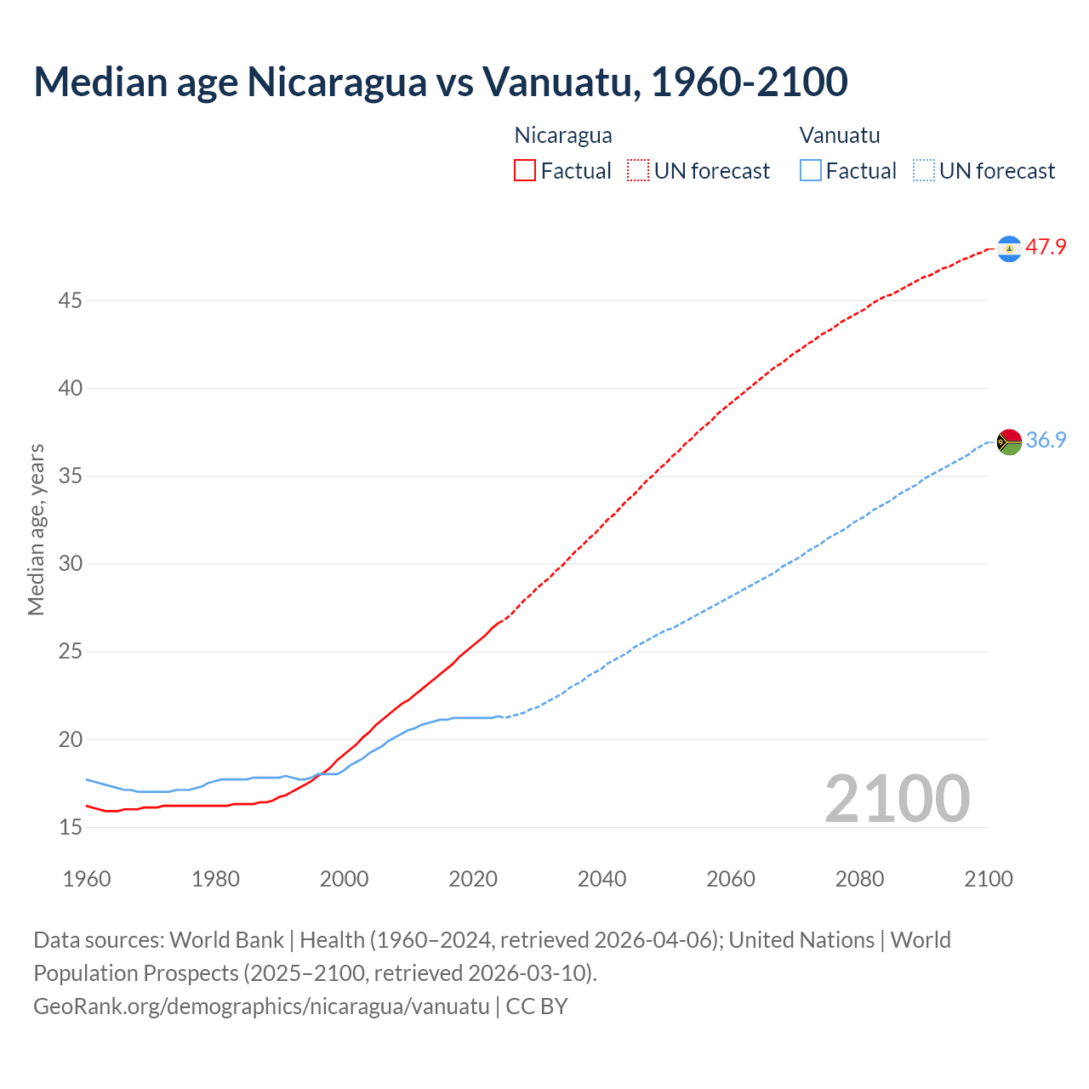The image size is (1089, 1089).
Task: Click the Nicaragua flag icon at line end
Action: pyautogui.click(x=1009, y=248)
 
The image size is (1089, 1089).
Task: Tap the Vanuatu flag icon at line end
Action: pyautogui.click(x=1009, y=442)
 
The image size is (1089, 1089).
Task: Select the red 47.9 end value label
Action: pyautogui.click(x=1046, y=248)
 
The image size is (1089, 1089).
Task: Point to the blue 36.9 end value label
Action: pyautogui.click(x=1046, y=440)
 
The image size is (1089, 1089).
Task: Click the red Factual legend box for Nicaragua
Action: pyautogui.click(x=525, y=171)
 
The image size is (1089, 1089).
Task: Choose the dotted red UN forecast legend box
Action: pyautogui.click(x=638, y=171)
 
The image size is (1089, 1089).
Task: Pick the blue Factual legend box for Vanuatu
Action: pyautogui.click(x=810, y=171)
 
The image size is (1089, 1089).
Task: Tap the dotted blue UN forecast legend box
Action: pyautogui.click(x=923, y=171)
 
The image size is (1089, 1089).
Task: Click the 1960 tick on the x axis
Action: pyautogui.click(x=87, y=879)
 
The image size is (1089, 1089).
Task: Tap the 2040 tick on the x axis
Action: pyautogui.click(x=602, y=879)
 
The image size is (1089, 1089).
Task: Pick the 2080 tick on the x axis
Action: pyautogui.click(x=859, y=879)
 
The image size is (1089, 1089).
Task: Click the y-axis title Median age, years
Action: pyautogui.click(x=36, y=529)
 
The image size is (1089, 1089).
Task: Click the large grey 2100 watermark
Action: pyautogui.click(x=897, y=799)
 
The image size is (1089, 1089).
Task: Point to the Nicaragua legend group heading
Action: pyautogui.click(x=563, y=135)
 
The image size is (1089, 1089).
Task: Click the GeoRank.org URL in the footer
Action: pyautogui.click(x=261, y=1006)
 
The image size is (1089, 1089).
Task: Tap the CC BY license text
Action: pyautogui.click(x=537, y=1006)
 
